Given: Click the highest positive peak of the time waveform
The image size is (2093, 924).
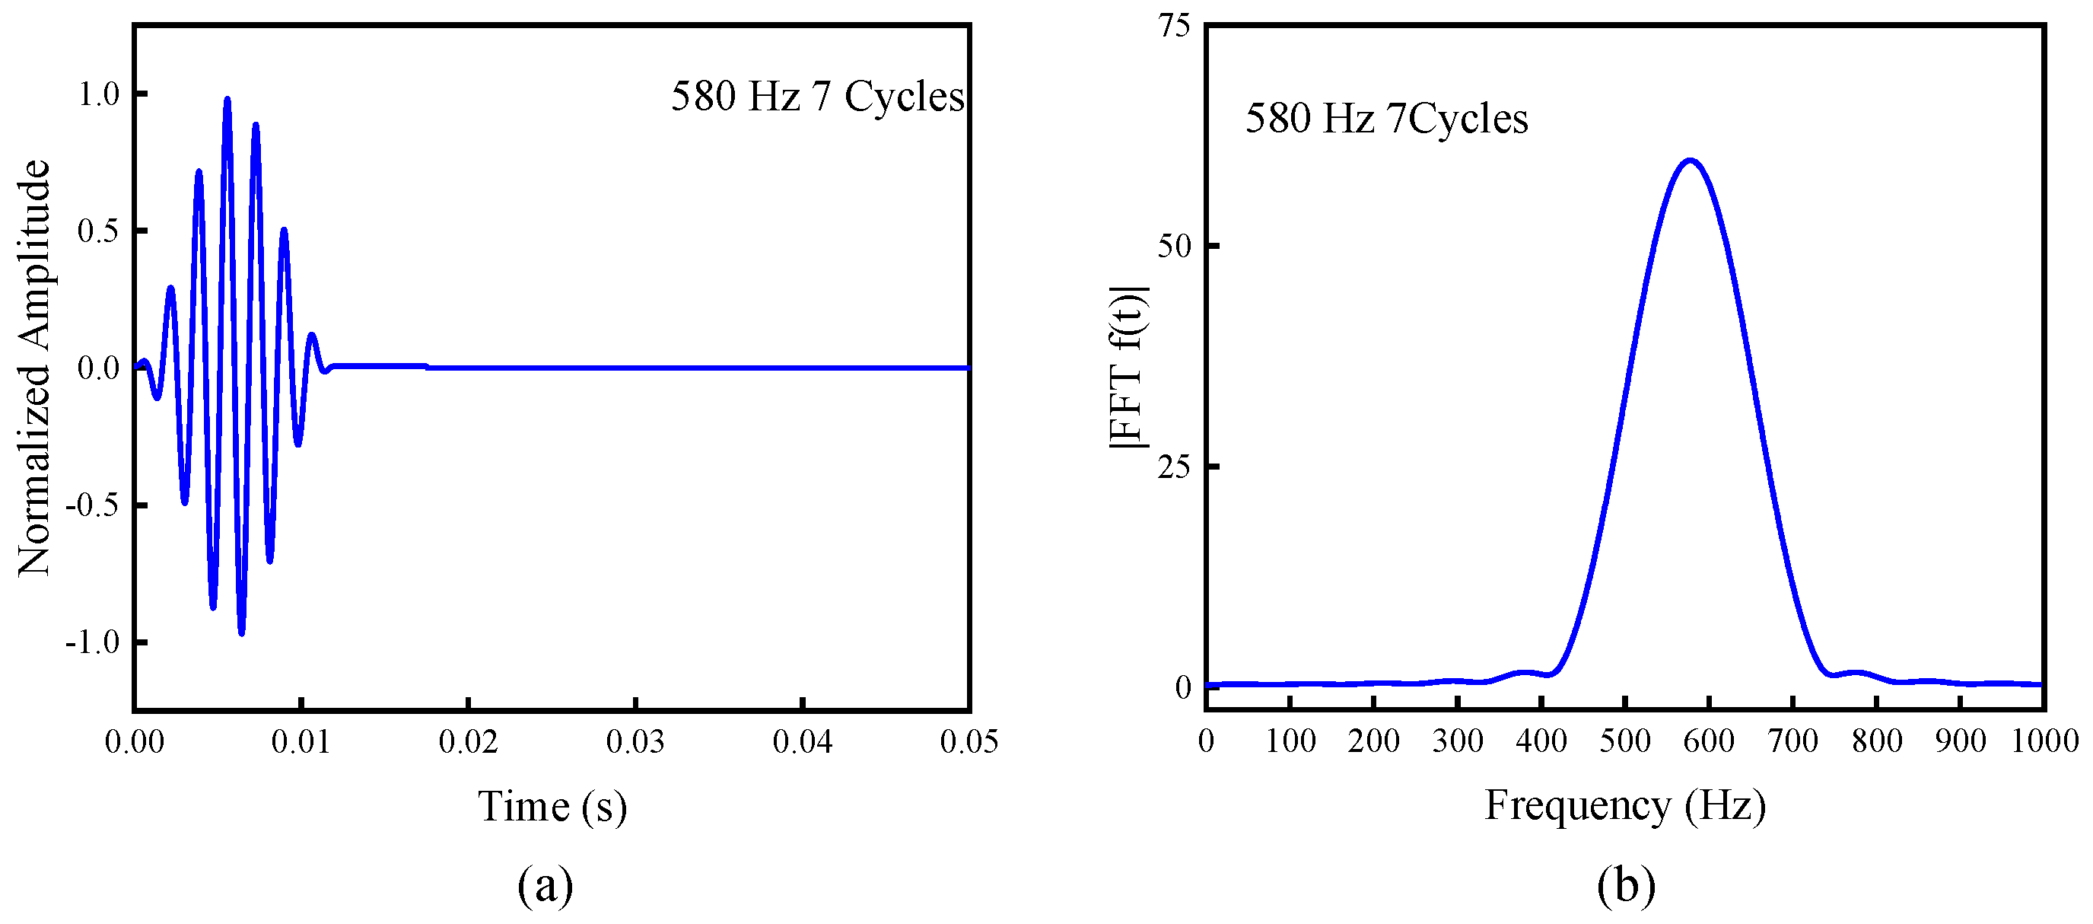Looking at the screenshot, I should [227, 100].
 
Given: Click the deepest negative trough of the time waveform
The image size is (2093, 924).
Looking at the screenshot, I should [241, 632].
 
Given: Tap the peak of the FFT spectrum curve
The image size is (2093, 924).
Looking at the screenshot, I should [1690, 160].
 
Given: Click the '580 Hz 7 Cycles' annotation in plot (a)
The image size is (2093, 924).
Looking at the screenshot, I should [817, 97].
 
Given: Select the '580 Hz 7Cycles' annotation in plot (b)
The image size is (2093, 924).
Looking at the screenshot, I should [1386, 119].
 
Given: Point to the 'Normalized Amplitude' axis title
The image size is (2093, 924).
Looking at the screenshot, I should [34, 368].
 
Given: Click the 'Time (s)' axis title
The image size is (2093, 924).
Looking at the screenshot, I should [552, 807].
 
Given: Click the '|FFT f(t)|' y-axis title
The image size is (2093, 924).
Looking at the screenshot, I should [1128, 368].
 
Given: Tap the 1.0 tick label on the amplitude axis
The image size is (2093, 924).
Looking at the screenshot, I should [98, 94].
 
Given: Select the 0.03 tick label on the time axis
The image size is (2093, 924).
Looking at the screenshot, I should [635, 741].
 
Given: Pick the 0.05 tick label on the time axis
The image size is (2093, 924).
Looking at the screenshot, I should [969, 741].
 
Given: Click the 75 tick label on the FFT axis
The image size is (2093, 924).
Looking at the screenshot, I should [1174, 26].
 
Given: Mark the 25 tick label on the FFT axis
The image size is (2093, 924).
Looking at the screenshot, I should [1174, 467].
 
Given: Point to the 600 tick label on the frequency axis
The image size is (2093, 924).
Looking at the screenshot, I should [1709, 741].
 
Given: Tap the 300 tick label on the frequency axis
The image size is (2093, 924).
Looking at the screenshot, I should [1458, 741].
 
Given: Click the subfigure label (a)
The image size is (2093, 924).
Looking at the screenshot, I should [546, 885].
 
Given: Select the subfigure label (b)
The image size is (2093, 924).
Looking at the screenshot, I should [1625, 885].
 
